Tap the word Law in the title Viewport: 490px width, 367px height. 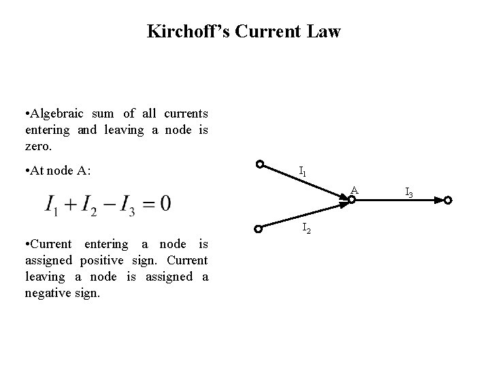coord(324,31)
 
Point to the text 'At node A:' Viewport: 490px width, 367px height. coord(57,171)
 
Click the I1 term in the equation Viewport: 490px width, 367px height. coord(52,203)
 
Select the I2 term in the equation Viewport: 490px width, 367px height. coord(92,203)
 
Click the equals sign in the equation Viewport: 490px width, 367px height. coord(148,203)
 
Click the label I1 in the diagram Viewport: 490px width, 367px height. coord(303,173)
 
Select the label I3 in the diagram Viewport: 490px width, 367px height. coord(409,194)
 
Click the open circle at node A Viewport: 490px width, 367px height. coord(352,200)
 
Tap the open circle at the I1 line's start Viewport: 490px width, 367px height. coord(259,164)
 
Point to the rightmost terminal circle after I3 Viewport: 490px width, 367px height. coord(447,200)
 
